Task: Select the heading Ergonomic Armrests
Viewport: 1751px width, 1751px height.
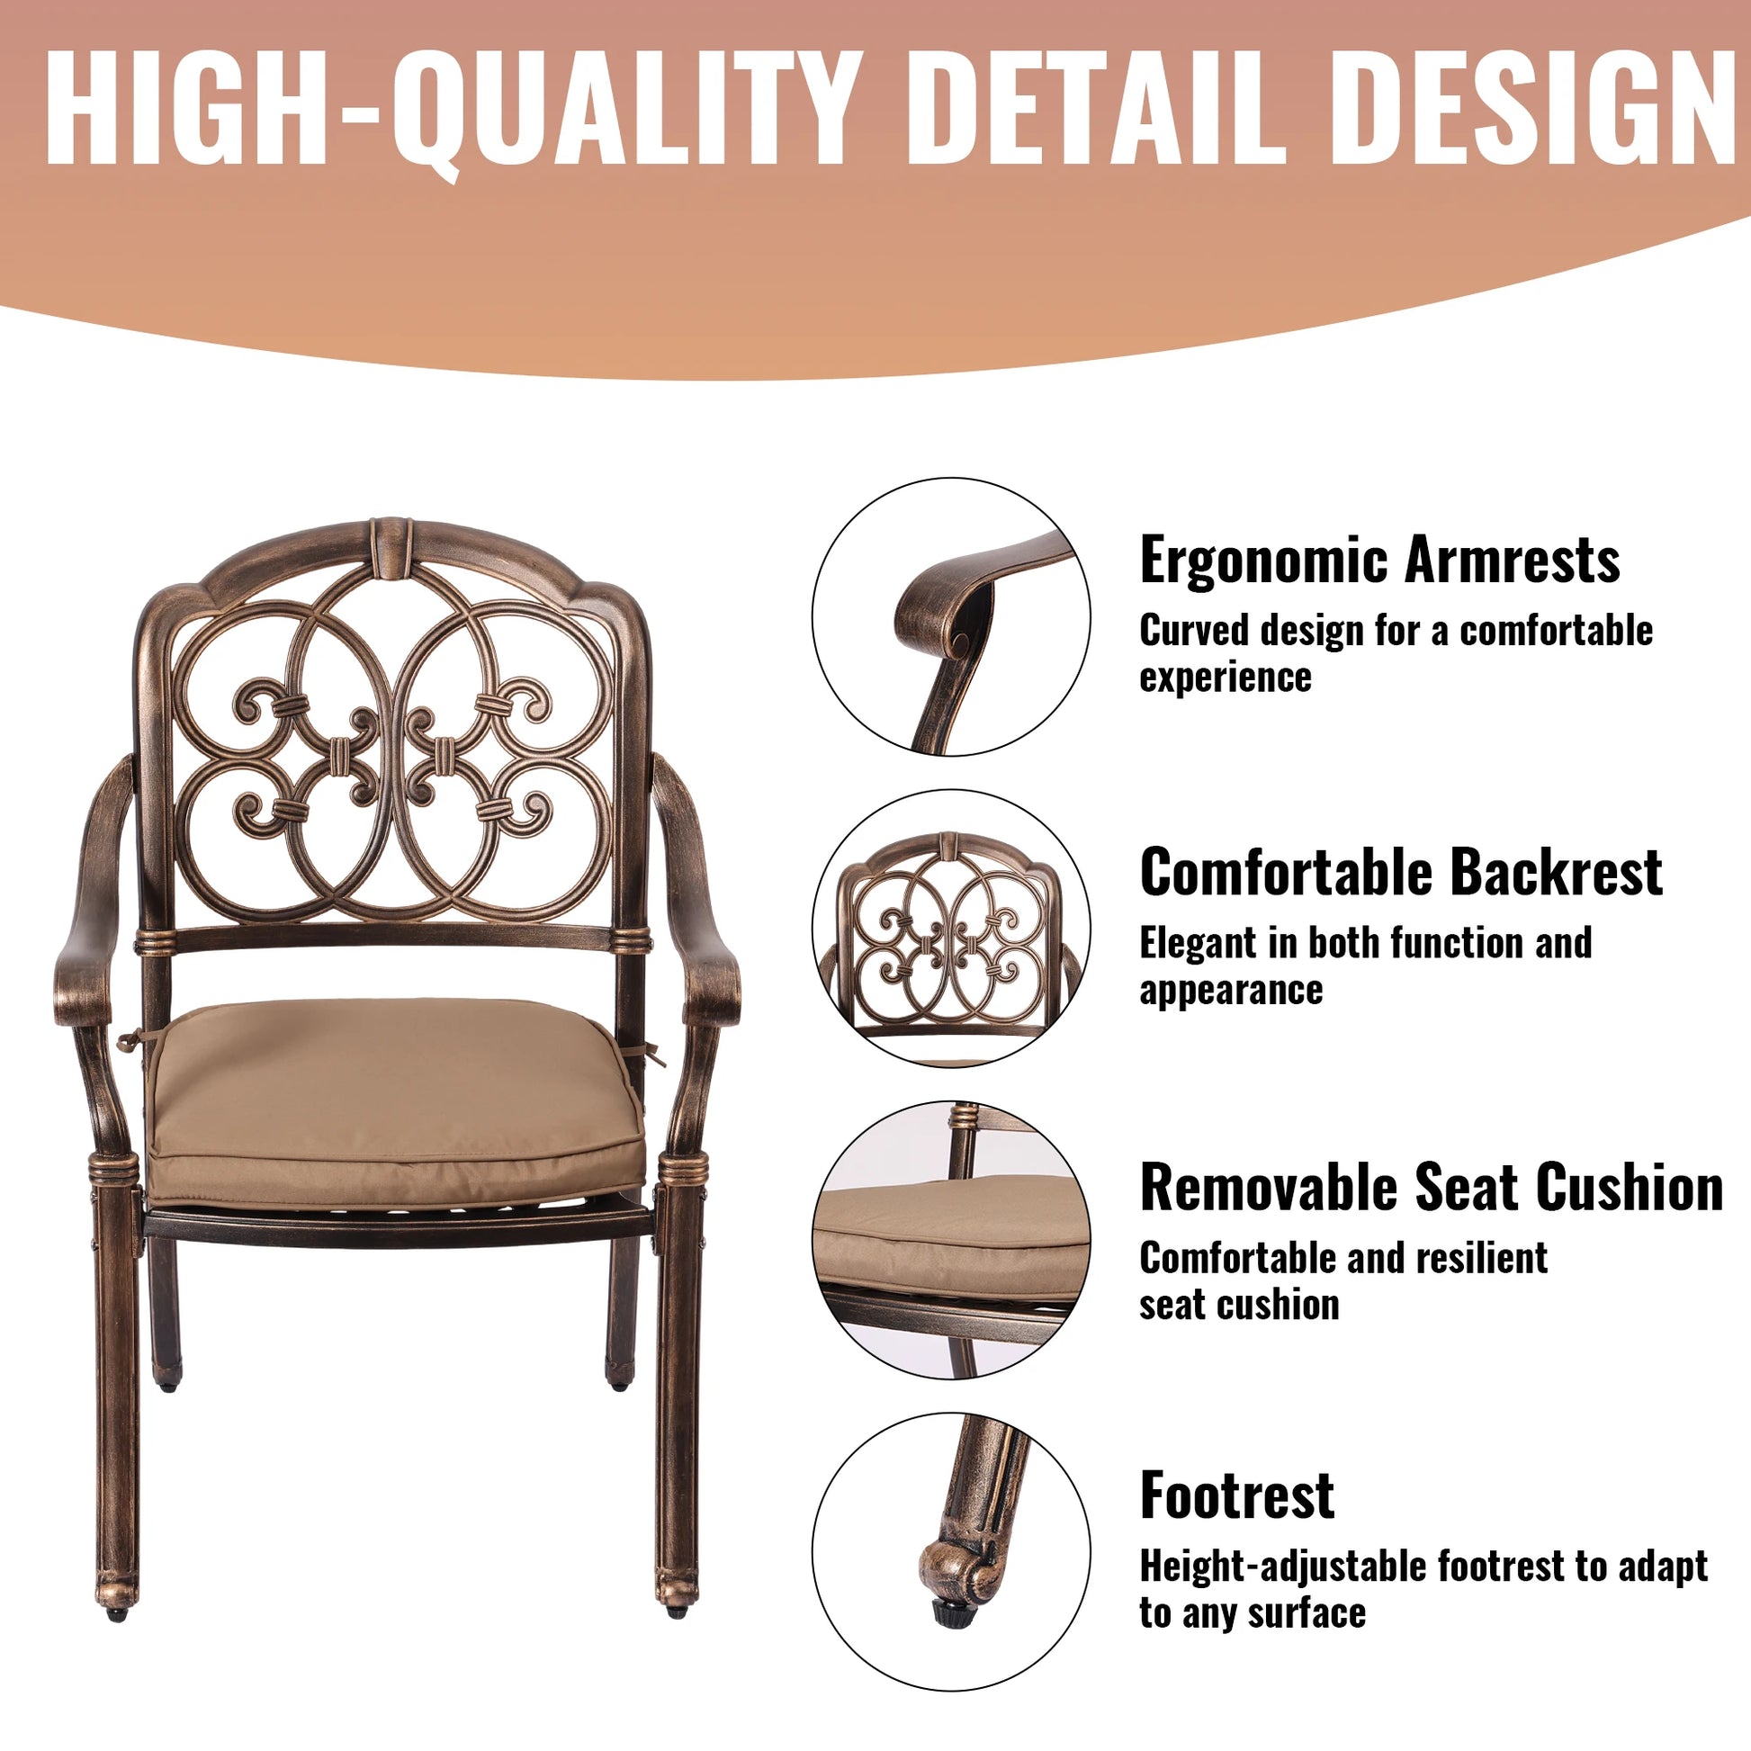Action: click(x=1380, y=561)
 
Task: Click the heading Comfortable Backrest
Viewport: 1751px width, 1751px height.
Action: click(x=1401, y=872)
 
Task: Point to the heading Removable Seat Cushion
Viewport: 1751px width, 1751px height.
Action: click(x=1432, y=1186)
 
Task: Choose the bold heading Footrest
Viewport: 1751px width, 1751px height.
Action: click(x=1237, y=1496)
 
